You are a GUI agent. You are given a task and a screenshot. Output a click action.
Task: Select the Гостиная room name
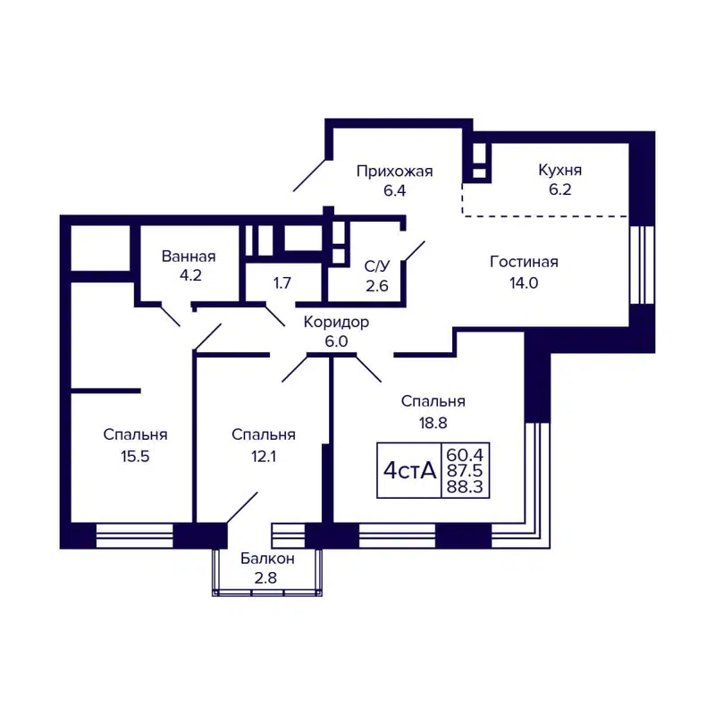click(524, 262)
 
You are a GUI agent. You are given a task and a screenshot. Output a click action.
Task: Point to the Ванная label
click(189, 257)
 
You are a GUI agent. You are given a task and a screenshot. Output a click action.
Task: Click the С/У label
click(377, 265)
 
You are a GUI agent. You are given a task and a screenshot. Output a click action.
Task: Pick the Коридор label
click(336, 323)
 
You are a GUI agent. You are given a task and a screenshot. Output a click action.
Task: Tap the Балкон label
click(266, 559)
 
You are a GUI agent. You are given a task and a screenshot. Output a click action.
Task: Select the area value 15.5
click(135, 455)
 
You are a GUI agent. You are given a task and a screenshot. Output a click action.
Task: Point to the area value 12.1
click(263, 455)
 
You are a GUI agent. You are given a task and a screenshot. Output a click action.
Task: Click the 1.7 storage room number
click(282, 284)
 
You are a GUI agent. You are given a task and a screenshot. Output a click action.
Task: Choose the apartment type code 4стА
click(410, 470)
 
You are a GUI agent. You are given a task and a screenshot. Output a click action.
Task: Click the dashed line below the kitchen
click(545, 215)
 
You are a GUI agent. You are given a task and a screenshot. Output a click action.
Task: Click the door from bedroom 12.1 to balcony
click(242, 507)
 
